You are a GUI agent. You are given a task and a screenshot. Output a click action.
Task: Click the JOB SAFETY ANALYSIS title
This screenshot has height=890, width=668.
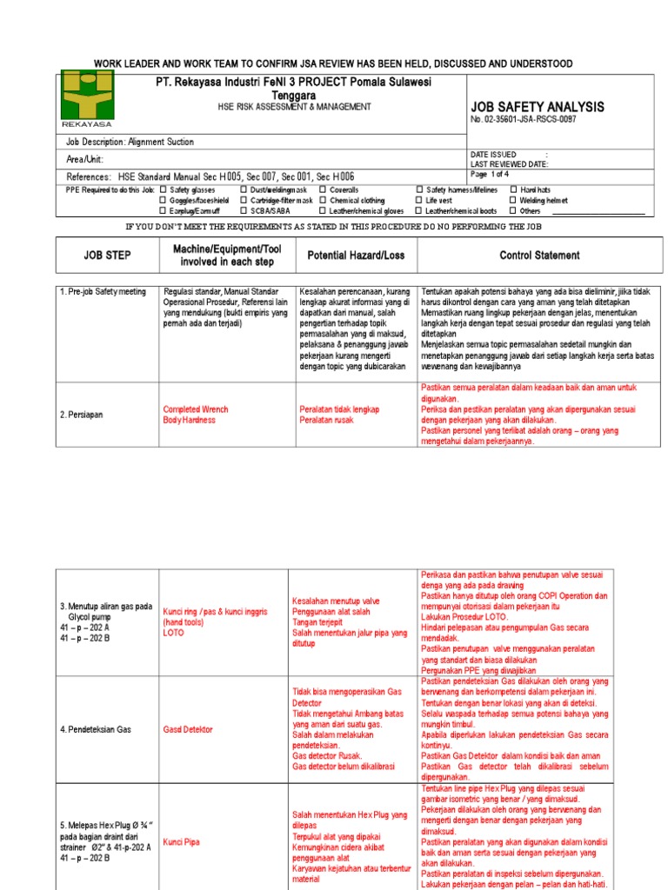[537, 107]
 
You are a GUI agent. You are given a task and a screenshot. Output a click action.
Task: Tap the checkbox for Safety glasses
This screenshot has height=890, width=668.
[164, 189]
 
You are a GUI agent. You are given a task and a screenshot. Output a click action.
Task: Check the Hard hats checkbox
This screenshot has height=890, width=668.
[513, 189]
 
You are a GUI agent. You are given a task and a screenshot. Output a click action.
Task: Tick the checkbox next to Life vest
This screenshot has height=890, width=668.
[419, 200]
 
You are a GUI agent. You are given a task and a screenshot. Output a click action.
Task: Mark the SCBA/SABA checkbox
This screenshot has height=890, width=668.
[244, 210]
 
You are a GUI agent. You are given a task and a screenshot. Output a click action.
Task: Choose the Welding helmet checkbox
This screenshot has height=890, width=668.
[513, 200]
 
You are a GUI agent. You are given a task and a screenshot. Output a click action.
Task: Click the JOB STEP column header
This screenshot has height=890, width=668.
[106, 256]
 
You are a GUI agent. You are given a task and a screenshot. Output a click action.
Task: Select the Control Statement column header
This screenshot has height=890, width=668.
[539, 256]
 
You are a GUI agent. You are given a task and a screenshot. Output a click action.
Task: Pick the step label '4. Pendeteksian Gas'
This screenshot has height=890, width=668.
[96, 729]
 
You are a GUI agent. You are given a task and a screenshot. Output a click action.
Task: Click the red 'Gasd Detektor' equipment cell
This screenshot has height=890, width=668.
[188, 729]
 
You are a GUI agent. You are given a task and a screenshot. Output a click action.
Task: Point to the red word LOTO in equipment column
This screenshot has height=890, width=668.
[173, 634]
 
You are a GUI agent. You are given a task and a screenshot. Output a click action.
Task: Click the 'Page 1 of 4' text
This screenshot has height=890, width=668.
[491, 174]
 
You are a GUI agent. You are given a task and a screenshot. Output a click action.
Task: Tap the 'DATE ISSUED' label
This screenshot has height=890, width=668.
[493, 154]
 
